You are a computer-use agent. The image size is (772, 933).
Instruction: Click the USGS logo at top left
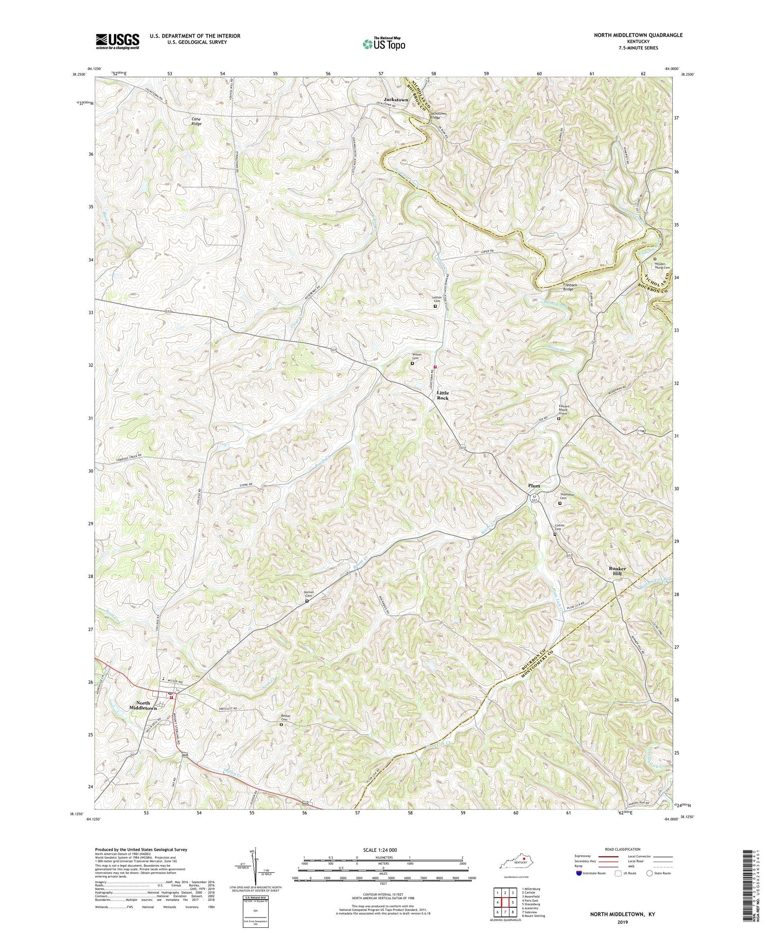click(117, 41)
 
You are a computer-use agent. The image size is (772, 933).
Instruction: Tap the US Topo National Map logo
click(383, 44)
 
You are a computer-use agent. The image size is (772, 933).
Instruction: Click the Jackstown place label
click(396, 99)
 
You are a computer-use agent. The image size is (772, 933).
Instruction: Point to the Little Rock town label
click(443, 395)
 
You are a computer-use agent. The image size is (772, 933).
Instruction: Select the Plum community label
click(534, 485)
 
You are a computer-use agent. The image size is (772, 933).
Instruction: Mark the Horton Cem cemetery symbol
click(307, 601)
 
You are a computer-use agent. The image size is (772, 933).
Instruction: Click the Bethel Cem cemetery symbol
click(281, 725)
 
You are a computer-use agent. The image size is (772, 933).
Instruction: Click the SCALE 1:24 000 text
click(383, 850)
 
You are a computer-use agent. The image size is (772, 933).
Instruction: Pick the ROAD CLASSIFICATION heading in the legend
click(623, 849)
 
